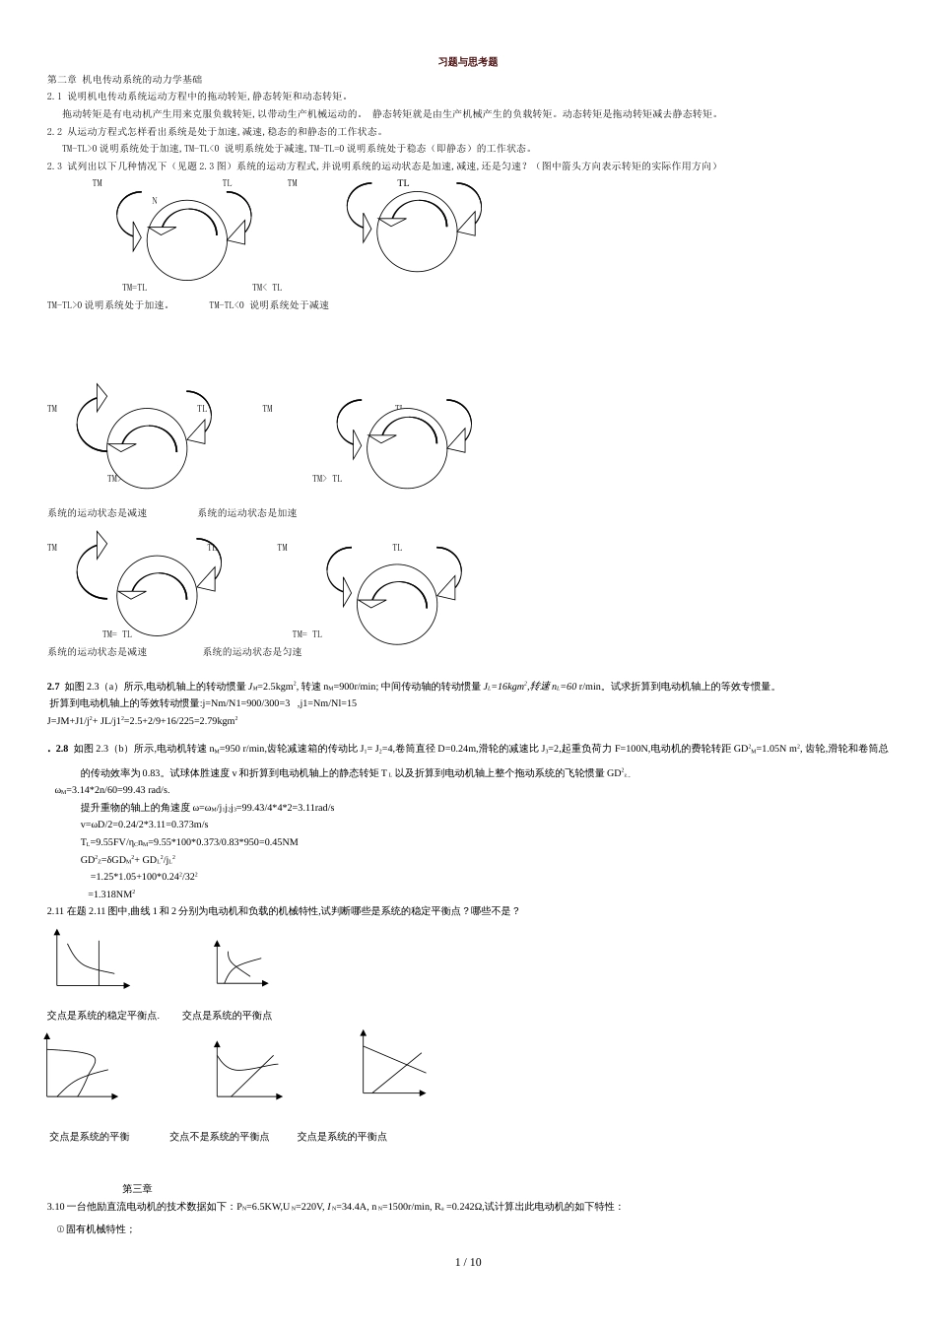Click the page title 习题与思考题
point(468,62)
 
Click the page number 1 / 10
point(468,1262)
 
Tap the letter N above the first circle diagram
point(155,201)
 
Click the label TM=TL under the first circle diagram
point(135,288)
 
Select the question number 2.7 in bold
point(53,687)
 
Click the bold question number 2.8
point(61,749)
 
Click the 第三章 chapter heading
point(137,1189)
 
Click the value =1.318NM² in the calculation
point(111,894)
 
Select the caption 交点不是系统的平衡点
point(219,1136)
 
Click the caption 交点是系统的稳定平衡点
point(102,1015)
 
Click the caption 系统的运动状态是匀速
point(252,651)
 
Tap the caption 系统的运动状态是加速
point(246,512)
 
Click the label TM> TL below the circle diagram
point(327,479)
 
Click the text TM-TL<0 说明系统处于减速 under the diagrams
point(268,305)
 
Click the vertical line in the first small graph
point(99,961)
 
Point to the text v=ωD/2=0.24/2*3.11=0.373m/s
point(144,824)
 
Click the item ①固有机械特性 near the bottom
point(96,1228)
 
